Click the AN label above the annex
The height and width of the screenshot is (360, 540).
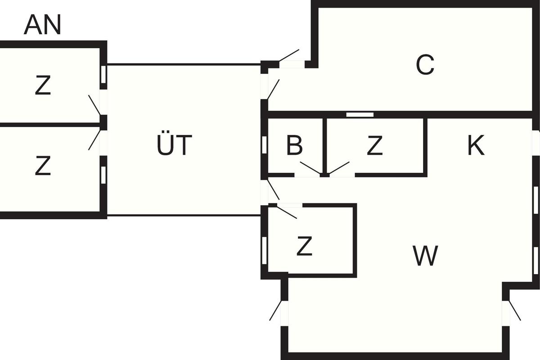pos(42,26)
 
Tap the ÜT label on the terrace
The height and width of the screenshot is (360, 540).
pos(175,146)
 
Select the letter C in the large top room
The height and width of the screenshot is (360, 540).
pos(425,65)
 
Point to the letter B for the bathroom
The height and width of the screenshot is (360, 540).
pos(294,145)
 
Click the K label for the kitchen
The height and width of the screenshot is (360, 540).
pos(476,145)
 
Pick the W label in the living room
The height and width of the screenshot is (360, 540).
pos(425,256)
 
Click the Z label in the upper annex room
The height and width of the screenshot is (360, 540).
pos(43,86)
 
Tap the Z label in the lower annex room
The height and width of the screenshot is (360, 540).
pos(43,166)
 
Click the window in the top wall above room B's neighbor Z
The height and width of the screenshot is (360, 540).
pos(360,115)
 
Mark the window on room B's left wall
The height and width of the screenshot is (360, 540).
pos(264,144)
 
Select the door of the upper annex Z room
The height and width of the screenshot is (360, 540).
pos(95,105)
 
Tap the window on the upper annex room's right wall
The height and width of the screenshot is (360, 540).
pos(103,74)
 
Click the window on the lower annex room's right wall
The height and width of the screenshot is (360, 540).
pos(103,175)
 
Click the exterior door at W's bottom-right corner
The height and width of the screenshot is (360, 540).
pos(514,310)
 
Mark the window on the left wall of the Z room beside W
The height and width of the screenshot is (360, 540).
pos(264,246)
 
